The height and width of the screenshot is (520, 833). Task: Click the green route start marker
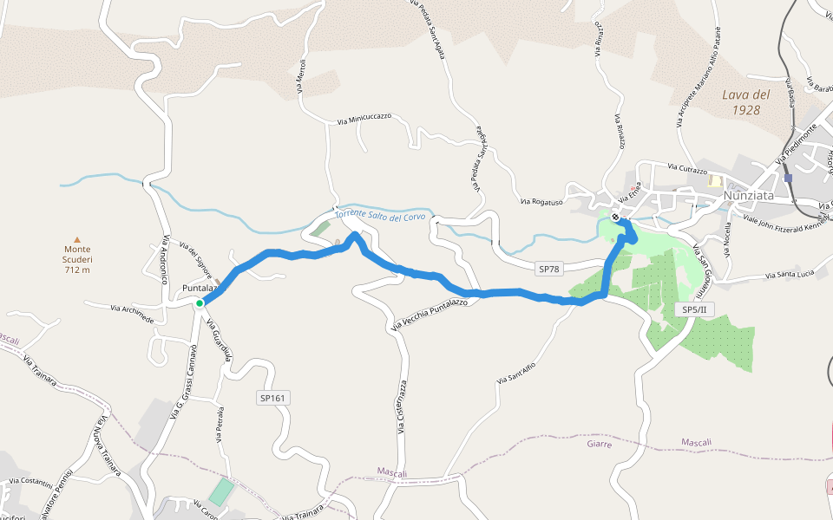coord(200,302)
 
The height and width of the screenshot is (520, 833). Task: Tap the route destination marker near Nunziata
coord(615,217)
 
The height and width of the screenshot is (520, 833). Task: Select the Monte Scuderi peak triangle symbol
coord(77,240)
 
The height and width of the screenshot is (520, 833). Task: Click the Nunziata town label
coord(755,197)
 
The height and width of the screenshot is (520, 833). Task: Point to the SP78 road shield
coord(548,269)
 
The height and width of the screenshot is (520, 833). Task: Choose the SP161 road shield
coord(272,398)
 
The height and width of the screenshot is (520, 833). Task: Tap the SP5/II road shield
coord(695,309)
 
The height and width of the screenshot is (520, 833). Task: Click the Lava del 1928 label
coord(746,102)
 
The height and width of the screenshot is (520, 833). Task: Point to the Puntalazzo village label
coord(199,288)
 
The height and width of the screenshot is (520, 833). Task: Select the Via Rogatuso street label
coord(541,202)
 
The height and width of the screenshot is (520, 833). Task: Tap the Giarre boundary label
coord(599,444)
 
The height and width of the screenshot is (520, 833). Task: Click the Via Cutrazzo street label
coord(687,169)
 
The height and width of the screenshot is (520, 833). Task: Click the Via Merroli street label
coord(300,76)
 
